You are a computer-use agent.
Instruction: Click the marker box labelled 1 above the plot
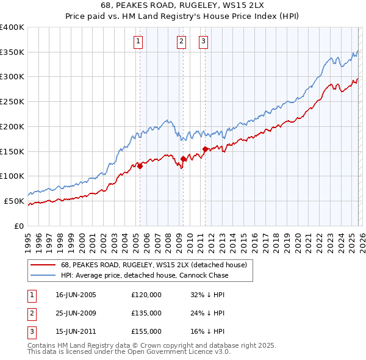(138, 41)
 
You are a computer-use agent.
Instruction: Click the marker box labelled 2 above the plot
(182, 41)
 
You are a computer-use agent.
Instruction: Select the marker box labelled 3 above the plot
(203, 41)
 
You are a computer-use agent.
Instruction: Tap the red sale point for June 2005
(140, 165)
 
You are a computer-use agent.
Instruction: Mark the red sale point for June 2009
(183, 159)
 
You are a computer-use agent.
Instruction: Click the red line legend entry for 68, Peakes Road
(153, 265)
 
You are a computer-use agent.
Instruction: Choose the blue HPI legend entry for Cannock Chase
(144, 276)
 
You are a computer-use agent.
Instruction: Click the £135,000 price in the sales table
(146, 313)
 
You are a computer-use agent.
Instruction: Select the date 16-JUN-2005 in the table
(76, 295)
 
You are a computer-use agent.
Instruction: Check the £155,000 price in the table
(146, 331)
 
